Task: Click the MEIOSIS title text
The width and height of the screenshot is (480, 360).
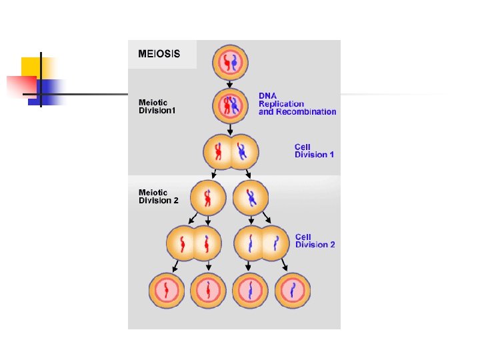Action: [159, 53]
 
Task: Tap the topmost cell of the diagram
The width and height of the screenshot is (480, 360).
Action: [230, 62]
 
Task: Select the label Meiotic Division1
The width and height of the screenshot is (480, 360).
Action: [157, 107]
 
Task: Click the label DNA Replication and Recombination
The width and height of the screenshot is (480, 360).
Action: [297, 104]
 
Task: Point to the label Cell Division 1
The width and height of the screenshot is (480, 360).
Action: [315, 151]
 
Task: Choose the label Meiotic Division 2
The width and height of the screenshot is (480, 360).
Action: [159, 196]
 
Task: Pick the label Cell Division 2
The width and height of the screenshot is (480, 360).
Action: [315, 241]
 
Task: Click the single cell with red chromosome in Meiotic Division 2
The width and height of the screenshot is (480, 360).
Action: [207, 198]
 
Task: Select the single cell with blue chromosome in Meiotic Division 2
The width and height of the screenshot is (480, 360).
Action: [251, 198]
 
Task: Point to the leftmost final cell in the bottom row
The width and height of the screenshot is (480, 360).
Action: [166, 291]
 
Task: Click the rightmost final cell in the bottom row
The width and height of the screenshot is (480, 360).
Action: [293, 291]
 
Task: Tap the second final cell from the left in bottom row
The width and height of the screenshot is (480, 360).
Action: [208, 291]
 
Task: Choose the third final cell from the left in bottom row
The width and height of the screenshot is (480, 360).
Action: [250, 291]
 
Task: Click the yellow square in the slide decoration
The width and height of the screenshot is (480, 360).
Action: [31, 67]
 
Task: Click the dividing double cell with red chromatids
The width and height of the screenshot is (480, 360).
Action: [193, 243]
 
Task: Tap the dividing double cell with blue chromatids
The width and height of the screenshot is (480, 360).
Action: [264, 243]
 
